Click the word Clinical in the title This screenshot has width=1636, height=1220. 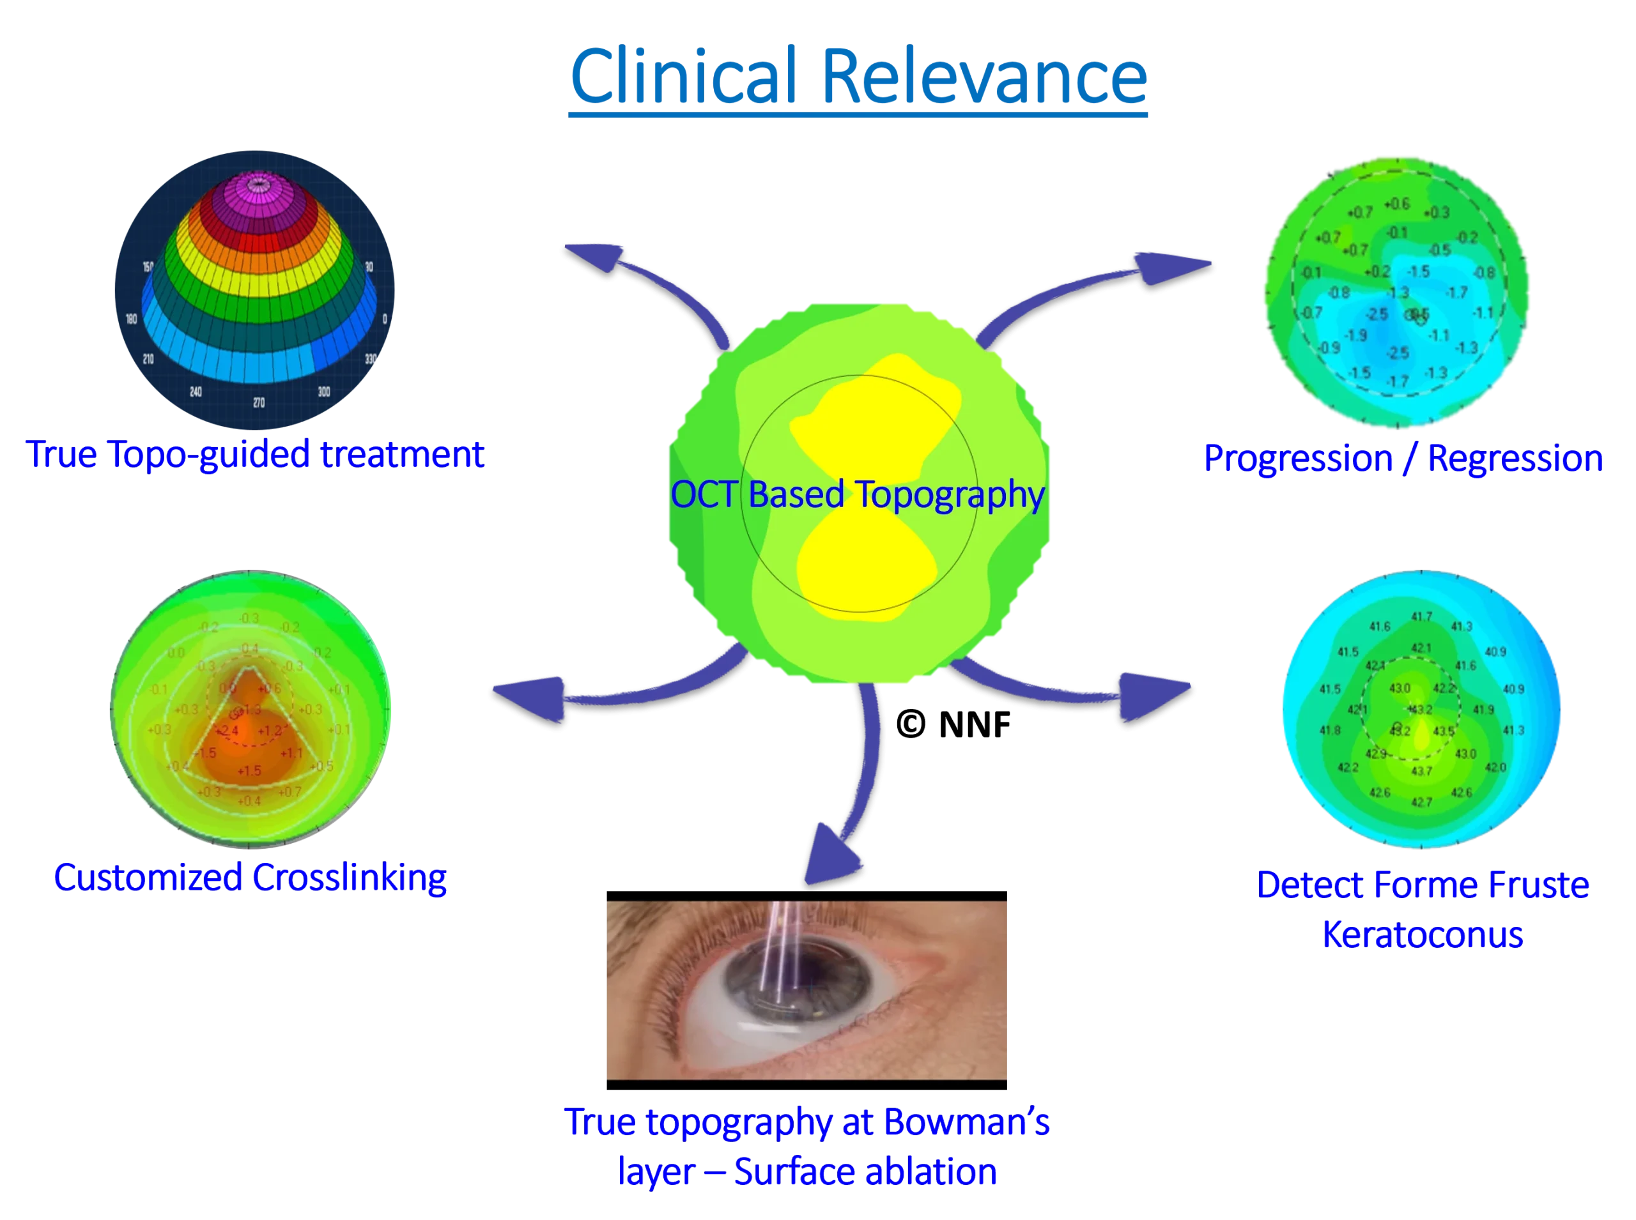point(684,77)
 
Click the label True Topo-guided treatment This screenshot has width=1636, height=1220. point(256,454)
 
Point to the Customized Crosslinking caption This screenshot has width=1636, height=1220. point(250,878)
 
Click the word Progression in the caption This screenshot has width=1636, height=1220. point(1297,459)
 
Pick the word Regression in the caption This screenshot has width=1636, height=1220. point(1515,459)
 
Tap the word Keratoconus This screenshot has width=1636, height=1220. point(1423,935)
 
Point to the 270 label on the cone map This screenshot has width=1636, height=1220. point(259,402)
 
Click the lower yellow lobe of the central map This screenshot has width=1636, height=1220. point(865,568)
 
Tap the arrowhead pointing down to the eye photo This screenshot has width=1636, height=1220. point(831,857)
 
